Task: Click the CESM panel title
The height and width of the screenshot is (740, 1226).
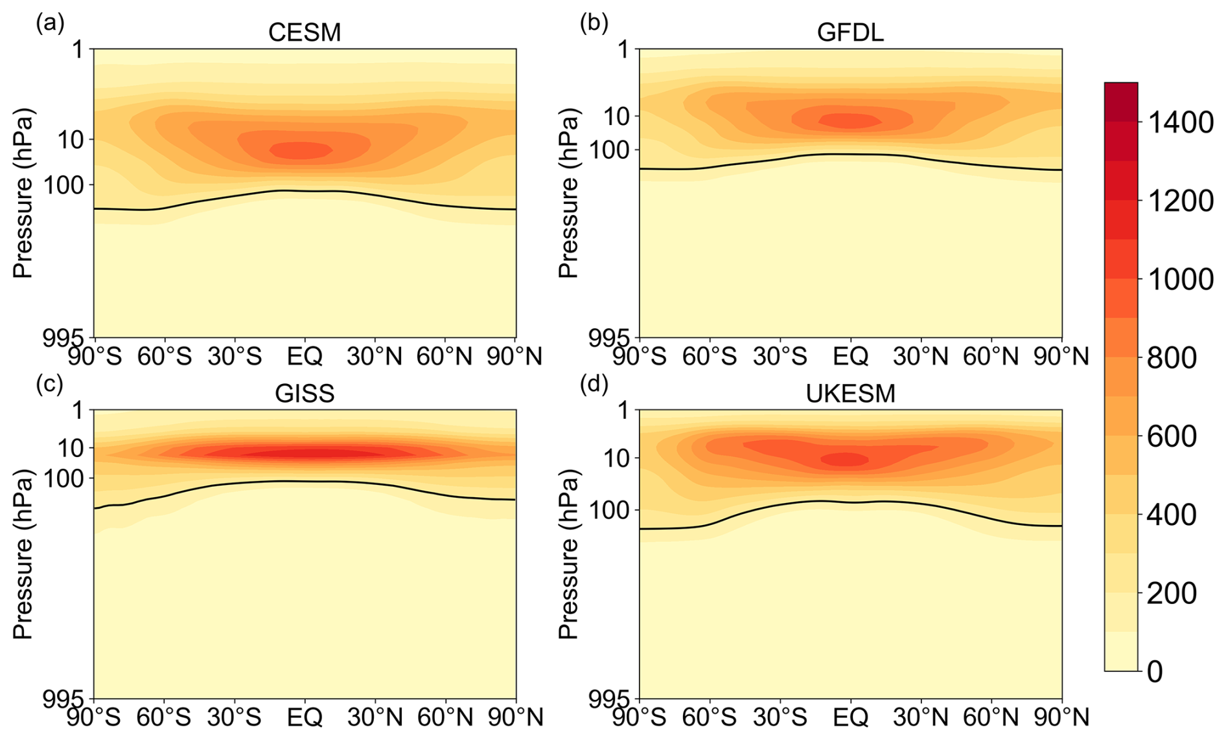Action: (x=305, y=32)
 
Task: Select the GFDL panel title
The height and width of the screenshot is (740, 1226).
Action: (x=850, y=32)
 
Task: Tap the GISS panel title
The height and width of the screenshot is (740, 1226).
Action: (x=305, y=393)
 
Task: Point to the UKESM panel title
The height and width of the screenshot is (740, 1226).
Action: (x=850, y=393)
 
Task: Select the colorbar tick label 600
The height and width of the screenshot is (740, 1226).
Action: (x=1171, y=436)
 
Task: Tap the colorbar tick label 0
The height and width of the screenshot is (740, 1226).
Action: (x=1155, y=672)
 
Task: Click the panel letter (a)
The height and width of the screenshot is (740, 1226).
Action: (x=51, y=24)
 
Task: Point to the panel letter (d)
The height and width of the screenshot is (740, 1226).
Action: (x=595, y=385)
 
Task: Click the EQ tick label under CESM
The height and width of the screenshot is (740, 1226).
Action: (x=305, y=356)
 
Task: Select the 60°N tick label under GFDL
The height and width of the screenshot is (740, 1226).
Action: (x=991, y=356)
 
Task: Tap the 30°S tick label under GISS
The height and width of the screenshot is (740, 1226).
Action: (x=235, y=717)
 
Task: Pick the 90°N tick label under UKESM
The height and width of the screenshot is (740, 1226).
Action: (x=1061, y=717)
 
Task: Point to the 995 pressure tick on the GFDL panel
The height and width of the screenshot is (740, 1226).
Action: (x=609, y=338)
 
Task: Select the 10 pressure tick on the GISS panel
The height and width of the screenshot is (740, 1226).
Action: (x=73, y=447)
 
